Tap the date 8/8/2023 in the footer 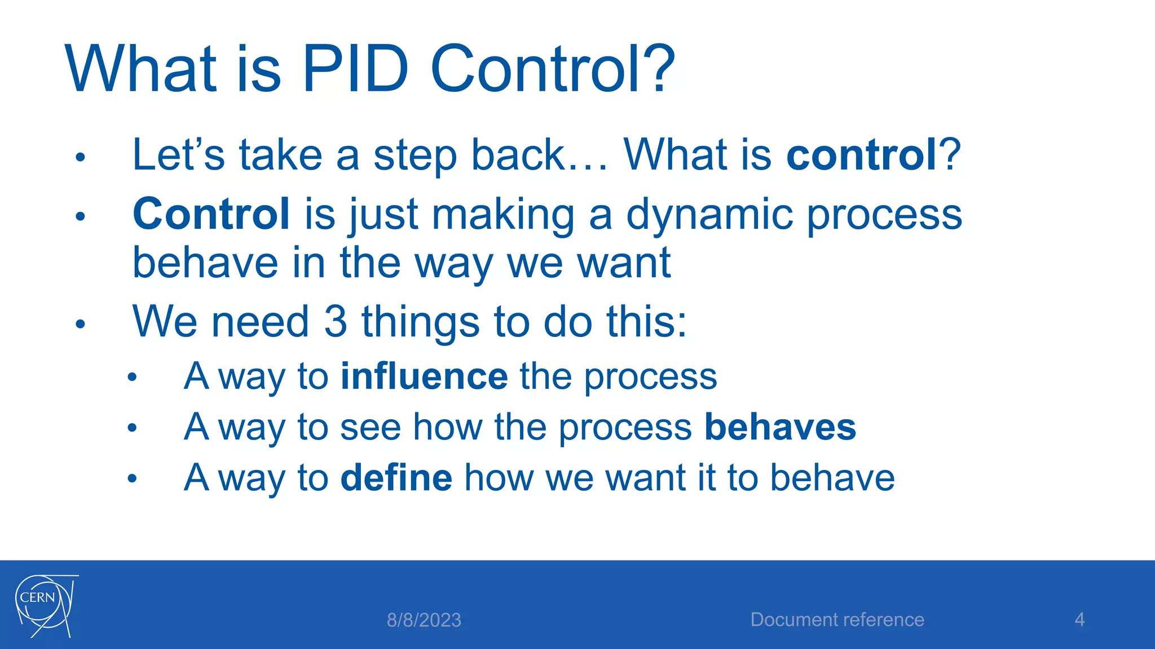coord(424,620)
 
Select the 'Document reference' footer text coord(837,620)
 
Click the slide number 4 coord(1079,620)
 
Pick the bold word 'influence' coord(424,376)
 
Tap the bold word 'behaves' coord(780,427)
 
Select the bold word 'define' coord(396,478)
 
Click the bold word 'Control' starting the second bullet coord(211,214)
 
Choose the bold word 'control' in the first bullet coord(861,155)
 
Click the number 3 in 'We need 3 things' coord(335,322)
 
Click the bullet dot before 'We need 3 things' coord(80,324)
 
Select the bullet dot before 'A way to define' coord(132,479)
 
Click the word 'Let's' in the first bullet coord(178,155)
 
